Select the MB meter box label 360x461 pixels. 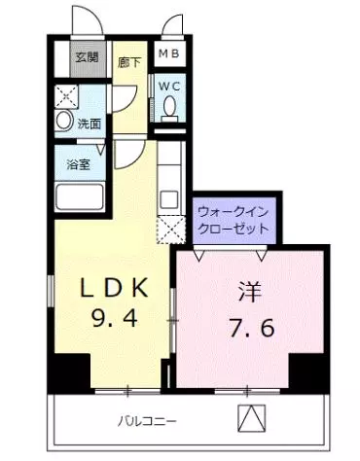pyautogui.click(x=169, y=53)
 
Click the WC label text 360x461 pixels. pyautogui.click(x=170, y=85)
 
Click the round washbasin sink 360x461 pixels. pyautogui.click(x=63, y=123)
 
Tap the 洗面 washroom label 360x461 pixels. pyautogui.click(x=90, y=124)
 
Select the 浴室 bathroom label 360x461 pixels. pyautogui.click(x=79, y=163)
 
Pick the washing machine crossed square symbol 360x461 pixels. pyautogui.click(x=65, y=96)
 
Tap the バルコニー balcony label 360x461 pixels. pyautogui.click(x=147, y=421)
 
